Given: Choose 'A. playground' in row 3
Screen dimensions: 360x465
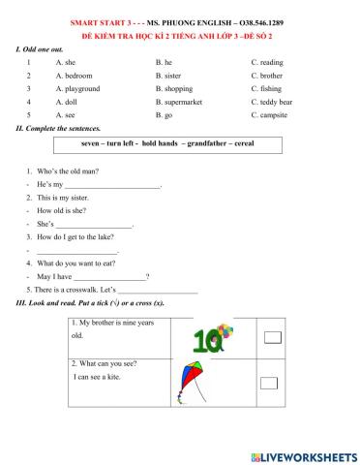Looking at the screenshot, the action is coord(77,87).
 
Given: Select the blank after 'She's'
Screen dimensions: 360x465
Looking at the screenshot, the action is coord(96,223).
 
